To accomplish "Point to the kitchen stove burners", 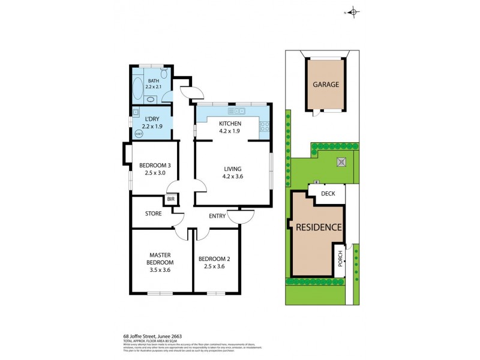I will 263,127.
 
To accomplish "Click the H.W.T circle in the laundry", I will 139,134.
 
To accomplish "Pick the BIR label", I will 171,199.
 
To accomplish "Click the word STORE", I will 154,214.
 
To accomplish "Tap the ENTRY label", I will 217,216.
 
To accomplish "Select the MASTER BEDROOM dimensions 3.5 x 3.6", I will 160,271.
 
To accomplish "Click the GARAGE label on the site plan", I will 326,85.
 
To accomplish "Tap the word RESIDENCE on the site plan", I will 318,227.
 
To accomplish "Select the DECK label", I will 328,194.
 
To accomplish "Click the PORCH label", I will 340,259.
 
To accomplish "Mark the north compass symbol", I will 353,12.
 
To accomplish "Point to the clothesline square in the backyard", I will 341,161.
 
